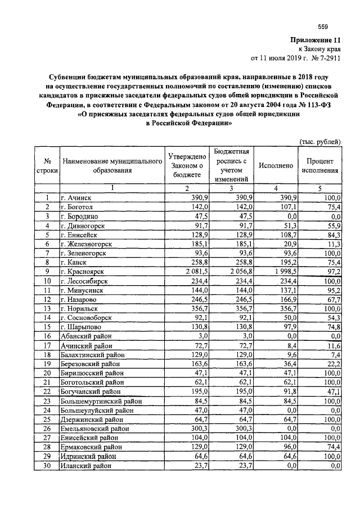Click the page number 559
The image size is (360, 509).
coord(322,26)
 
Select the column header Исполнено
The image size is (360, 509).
coord(276,165)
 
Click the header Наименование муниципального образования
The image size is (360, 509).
coord(112,165)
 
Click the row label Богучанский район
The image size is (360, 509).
coord(93,391)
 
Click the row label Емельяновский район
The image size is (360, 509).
coord(96,428)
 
